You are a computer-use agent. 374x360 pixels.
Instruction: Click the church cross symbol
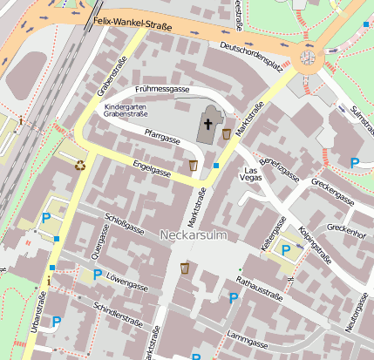click(208, 124)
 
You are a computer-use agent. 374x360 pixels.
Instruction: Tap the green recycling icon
click(80, 163)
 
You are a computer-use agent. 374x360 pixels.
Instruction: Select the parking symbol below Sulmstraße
click(354, 163)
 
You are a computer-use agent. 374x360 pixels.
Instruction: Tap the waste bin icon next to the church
click(228, 133)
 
